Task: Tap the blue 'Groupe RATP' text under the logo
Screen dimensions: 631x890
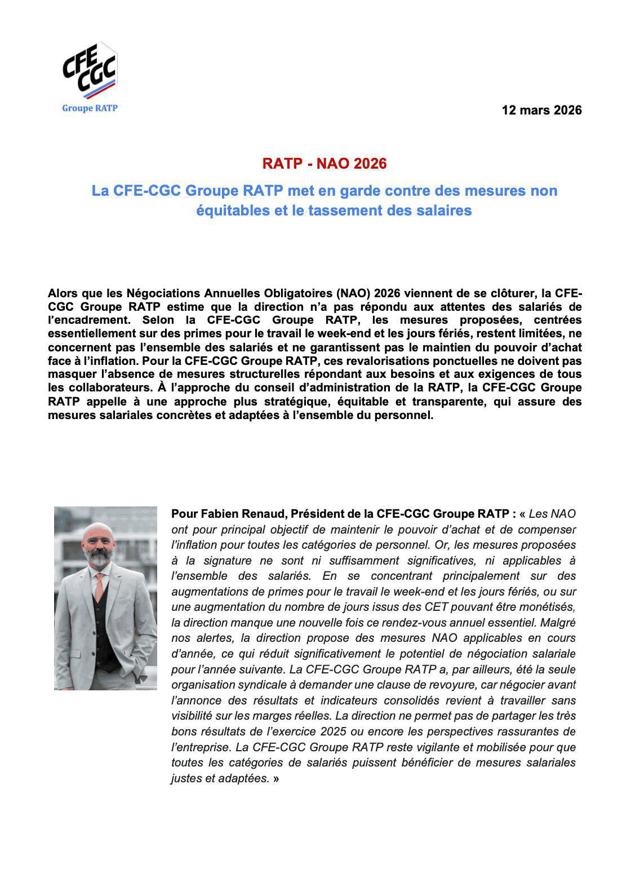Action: pos(90,108)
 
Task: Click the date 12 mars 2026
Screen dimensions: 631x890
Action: pos(541,110)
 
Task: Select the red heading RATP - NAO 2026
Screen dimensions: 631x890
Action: pos(325,164)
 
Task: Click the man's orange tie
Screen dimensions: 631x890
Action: pos(99,586)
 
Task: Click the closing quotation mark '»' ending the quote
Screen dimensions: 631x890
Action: pos(276,778)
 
